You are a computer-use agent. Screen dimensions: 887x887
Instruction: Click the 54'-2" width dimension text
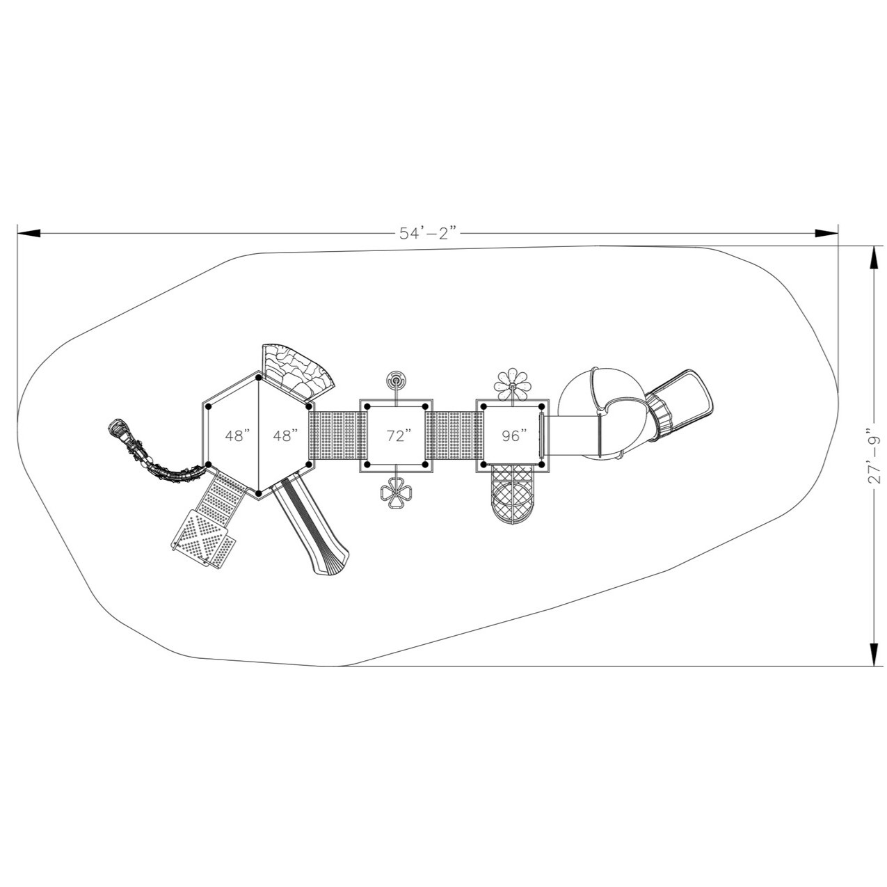(428, 233)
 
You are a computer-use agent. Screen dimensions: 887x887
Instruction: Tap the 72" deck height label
(399, 436)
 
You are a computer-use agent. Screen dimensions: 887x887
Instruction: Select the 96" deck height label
(515, 436)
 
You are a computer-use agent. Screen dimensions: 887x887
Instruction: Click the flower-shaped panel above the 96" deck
(512, 381)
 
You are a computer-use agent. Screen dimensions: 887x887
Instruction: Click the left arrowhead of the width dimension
(28, 233)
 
